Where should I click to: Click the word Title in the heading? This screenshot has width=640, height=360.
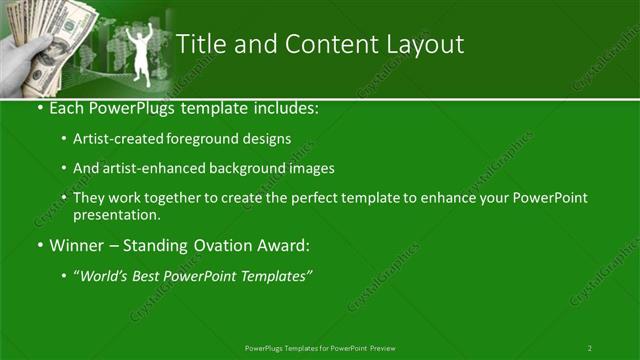[x=199, y=44]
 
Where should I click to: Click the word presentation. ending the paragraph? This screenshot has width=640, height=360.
[x=116, y=214]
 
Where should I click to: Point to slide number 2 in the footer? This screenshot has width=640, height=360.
[x=590, y=347]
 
